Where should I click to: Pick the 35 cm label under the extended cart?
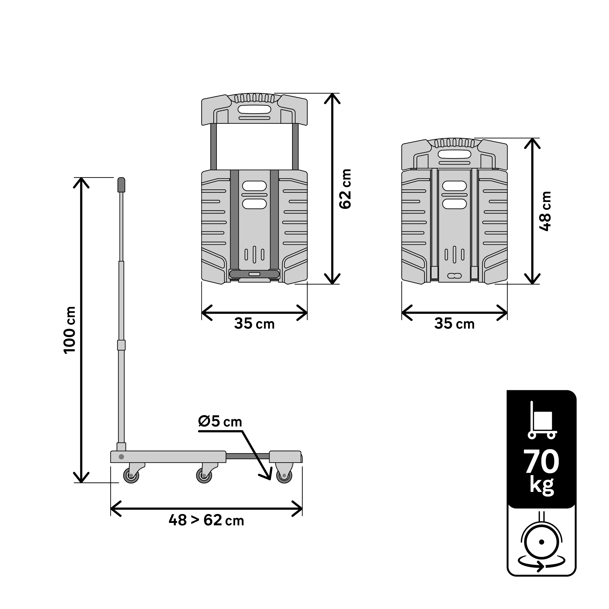coord(254,324)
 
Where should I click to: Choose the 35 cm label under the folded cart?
coord(454,324)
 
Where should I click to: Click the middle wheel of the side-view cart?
coord(204,475)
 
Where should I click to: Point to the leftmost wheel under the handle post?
coord(131,475)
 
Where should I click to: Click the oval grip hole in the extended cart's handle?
coord(254,109)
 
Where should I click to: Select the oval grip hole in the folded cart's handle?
coord(455,154)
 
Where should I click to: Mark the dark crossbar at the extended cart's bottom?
coord(254,274)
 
